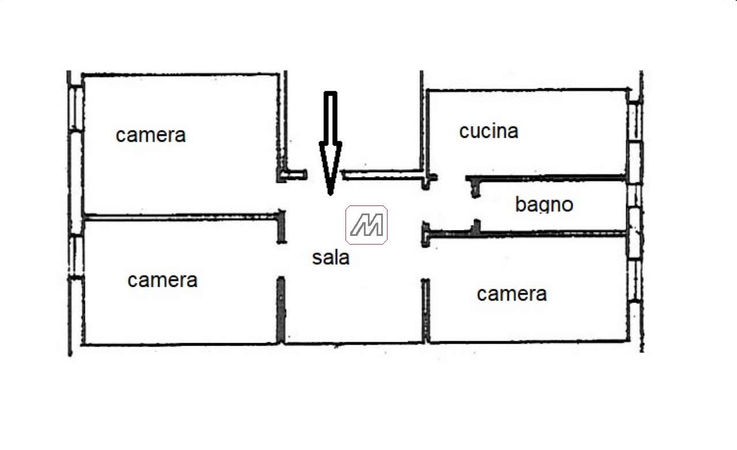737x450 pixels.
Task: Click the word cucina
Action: [x=489, y=131]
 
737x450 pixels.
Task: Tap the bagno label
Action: [x=544, y=204]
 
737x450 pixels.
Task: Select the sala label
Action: [x=330, y=257]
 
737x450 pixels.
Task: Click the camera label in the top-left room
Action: [x=151, y=135]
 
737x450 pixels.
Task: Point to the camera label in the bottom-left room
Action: [x=162, y=280]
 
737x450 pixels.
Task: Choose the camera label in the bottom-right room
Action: [x=511, y=294]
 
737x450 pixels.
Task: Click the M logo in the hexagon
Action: [x=366, y=224]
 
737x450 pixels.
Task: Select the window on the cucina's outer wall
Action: [x=634, y=122]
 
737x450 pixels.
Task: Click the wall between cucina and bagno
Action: [x=547, y=178]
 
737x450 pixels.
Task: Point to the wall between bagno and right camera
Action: [x=547, y=234]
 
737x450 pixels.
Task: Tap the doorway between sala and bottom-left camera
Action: [x=281, y=260]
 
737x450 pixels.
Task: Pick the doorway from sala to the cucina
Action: [x=451, y=178]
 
